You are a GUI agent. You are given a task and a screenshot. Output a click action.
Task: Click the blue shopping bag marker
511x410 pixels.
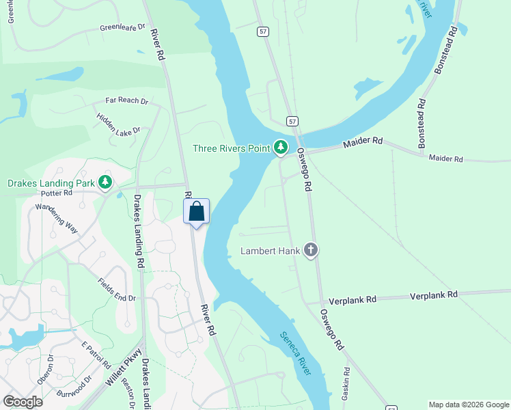tap(196, 212)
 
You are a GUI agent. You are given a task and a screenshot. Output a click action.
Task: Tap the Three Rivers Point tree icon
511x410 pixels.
tap(281, 148)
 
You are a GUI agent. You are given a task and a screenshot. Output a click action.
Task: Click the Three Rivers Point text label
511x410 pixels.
tap(232, 148)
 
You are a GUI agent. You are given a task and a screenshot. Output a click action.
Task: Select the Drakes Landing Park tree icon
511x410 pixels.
tap(105, 182)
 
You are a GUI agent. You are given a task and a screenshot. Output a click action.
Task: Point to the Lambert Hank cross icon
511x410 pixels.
tap(311, 250)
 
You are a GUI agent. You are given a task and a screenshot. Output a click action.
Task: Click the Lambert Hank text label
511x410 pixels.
tap(271, 251)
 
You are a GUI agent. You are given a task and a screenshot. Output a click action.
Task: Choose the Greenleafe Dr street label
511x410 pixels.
tap(123, 27)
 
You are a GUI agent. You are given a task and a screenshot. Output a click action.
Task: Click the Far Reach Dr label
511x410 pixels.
tap(126, 100)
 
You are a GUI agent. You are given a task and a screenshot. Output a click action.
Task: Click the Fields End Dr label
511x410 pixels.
tap(117, 290)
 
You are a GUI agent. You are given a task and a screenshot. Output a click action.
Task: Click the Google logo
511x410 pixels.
tap(23, 402)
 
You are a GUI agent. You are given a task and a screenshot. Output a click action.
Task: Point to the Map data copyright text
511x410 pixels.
tap(469, 405)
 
